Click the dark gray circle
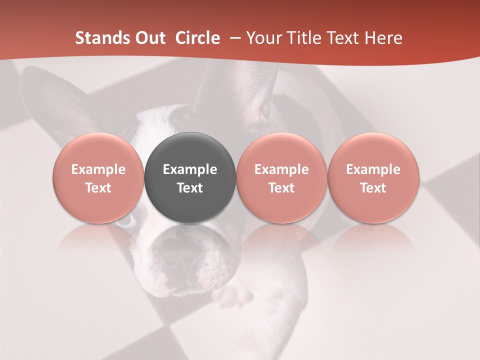(x=190, y=177)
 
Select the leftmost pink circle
(x=98, y=177)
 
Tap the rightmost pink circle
(x=373, y=177)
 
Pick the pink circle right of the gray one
(x=281, y=177)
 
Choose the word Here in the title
(x=383, y=38)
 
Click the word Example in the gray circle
(x=190, y=169)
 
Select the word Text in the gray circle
(x=190, y=188)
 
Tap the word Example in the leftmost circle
(x=98, y=169)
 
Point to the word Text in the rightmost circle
(x=373, y=188)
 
